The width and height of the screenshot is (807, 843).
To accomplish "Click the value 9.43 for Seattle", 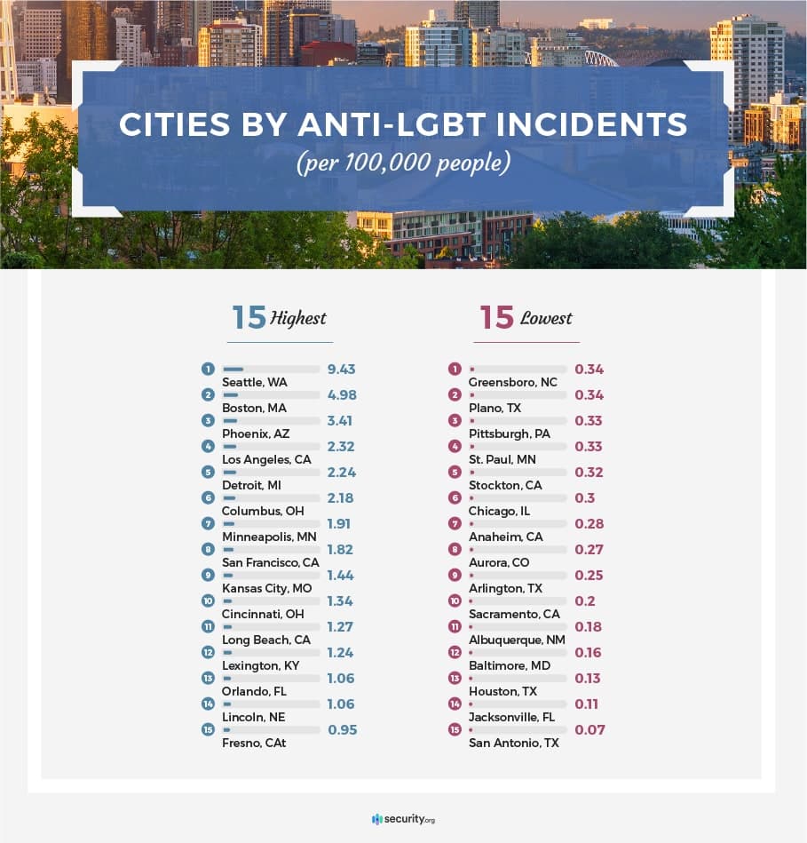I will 341,369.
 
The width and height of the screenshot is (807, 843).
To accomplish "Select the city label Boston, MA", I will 254,408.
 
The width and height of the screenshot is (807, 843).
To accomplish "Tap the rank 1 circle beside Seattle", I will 208,369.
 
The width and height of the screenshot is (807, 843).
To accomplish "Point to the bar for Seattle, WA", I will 271,369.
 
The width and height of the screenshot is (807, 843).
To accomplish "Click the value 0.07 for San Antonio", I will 589,729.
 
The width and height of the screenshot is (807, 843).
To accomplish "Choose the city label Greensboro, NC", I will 512,382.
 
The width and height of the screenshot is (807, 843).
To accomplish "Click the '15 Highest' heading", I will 279,318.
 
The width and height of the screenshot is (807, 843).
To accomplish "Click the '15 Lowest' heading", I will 526,318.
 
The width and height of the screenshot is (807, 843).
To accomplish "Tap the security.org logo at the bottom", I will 403,818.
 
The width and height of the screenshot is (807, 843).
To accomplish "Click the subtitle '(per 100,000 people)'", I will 403,164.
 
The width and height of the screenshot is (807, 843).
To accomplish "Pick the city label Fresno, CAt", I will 254,743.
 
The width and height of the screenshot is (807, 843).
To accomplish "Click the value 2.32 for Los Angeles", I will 341,446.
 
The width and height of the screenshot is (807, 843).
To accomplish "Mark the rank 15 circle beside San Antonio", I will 455,729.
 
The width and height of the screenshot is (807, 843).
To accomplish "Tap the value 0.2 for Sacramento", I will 585,600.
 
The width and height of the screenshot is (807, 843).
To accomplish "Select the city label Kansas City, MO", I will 267,588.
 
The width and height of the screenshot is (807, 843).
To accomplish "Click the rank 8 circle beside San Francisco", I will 208,549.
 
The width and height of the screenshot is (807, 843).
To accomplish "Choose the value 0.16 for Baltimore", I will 588,652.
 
